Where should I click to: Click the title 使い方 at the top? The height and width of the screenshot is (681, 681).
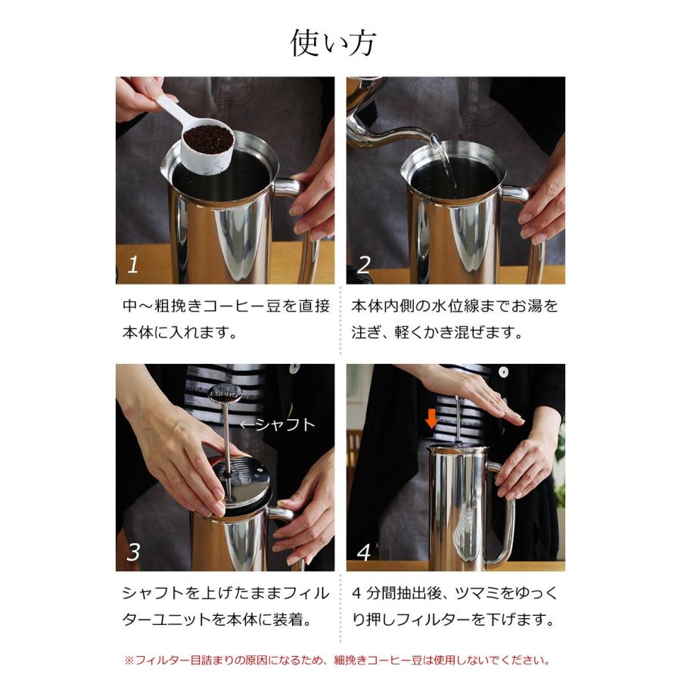[x=333, y=43]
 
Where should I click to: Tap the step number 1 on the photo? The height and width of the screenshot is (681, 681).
[x=134, y=265]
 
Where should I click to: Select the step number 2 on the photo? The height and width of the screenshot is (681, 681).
[x=364, y=265]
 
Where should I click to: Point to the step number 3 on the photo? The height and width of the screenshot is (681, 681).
[x=134, y=552]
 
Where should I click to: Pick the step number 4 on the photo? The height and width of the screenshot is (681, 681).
[x=364, y=552]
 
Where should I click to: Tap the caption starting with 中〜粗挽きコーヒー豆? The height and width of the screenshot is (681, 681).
[x=225, y=319]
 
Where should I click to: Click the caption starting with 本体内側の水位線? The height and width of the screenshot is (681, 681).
[x=455, y=319]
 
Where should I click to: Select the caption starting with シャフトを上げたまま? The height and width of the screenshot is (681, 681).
[x=225, y=605]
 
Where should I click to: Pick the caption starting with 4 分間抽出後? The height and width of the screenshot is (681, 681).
[x=455, y=605]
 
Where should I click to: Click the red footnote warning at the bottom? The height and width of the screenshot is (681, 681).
[x=337, y=660]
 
